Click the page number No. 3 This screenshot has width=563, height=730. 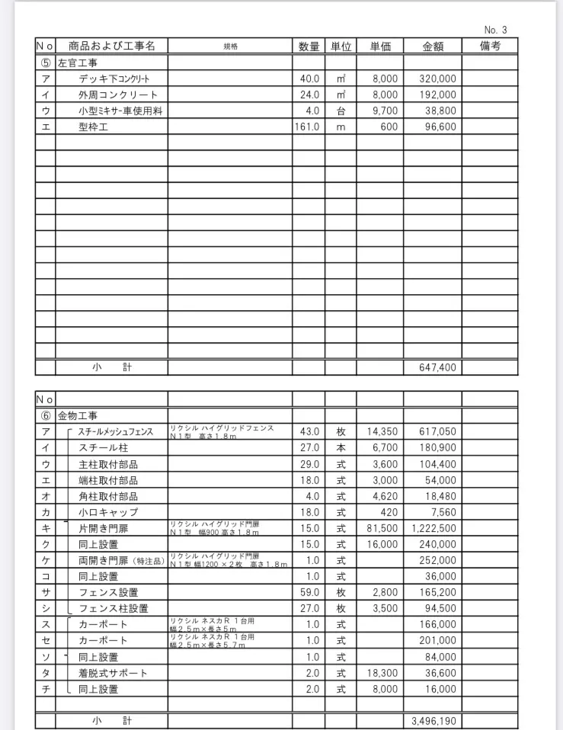(x=495, y=30)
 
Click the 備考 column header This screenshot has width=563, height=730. (x=490, y=46)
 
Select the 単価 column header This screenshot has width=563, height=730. (x=380, y=46)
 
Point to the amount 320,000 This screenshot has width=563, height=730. (x=437, y=78)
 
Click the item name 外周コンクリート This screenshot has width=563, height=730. (x=118, y=94)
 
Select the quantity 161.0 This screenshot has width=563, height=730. (x=306, y=126)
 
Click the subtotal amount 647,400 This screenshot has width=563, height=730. (x=437, y=367)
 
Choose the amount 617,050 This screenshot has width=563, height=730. (x=437, y=432)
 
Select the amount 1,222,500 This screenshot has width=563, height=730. (x=433, y=528)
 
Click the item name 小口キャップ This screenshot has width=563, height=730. (x=108, y=512)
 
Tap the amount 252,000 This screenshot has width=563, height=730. (x=437, y=560)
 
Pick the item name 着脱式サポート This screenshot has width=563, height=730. (x=113, y=673)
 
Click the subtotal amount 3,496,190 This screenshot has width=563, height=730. (x=433, y=720)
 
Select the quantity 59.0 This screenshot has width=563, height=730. (x=309, y=592)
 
